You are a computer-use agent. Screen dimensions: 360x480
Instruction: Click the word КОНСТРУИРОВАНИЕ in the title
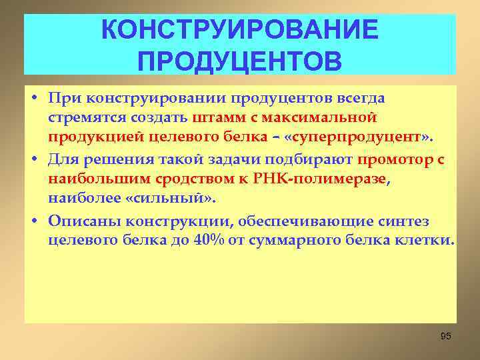coord(239,30)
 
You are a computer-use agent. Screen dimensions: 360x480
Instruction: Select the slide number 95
coord(446,336)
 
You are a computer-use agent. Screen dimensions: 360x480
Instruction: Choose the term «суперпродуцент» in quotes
coord(372,137)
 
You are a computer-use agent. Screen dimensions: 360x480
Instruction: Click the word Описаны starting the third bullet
coord(81,221)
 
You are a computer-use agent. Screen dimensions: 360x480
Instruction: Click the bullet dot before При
coord(33,99)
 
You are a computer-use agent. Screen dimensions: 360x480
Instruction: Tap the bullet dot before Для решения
coord(33,160)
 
